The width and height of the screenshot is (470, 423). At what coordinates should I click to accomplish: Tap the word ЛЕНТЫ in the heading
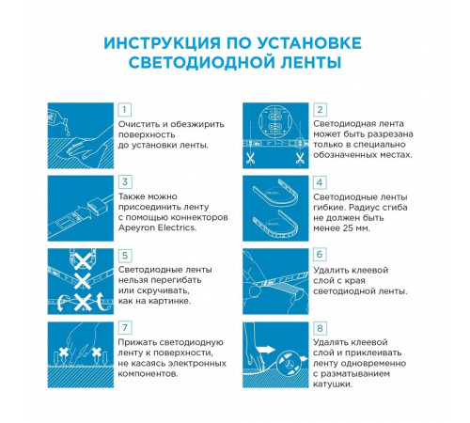click(307, 62)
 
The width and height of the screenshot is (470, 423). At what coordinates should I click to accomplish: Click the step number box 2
click(320, 110)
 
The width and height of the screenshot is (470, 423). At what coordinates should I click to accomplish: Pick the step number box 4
click(320, 181)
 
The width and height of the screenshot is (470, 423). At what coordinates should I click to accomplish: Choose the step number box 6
click(320, 255)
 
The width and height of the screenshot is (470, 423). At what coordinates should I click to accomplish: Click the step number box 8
click(320, 328)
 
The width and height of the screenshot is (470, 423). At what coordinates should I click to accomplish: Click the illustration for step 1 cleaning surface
click(80, 133)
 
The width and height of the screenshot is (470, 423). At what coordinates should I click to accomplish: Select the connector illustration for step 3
click(80, 206)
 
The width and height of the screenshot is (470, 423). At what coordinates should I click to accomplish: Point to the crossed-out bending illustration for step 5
click(80, 279)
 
